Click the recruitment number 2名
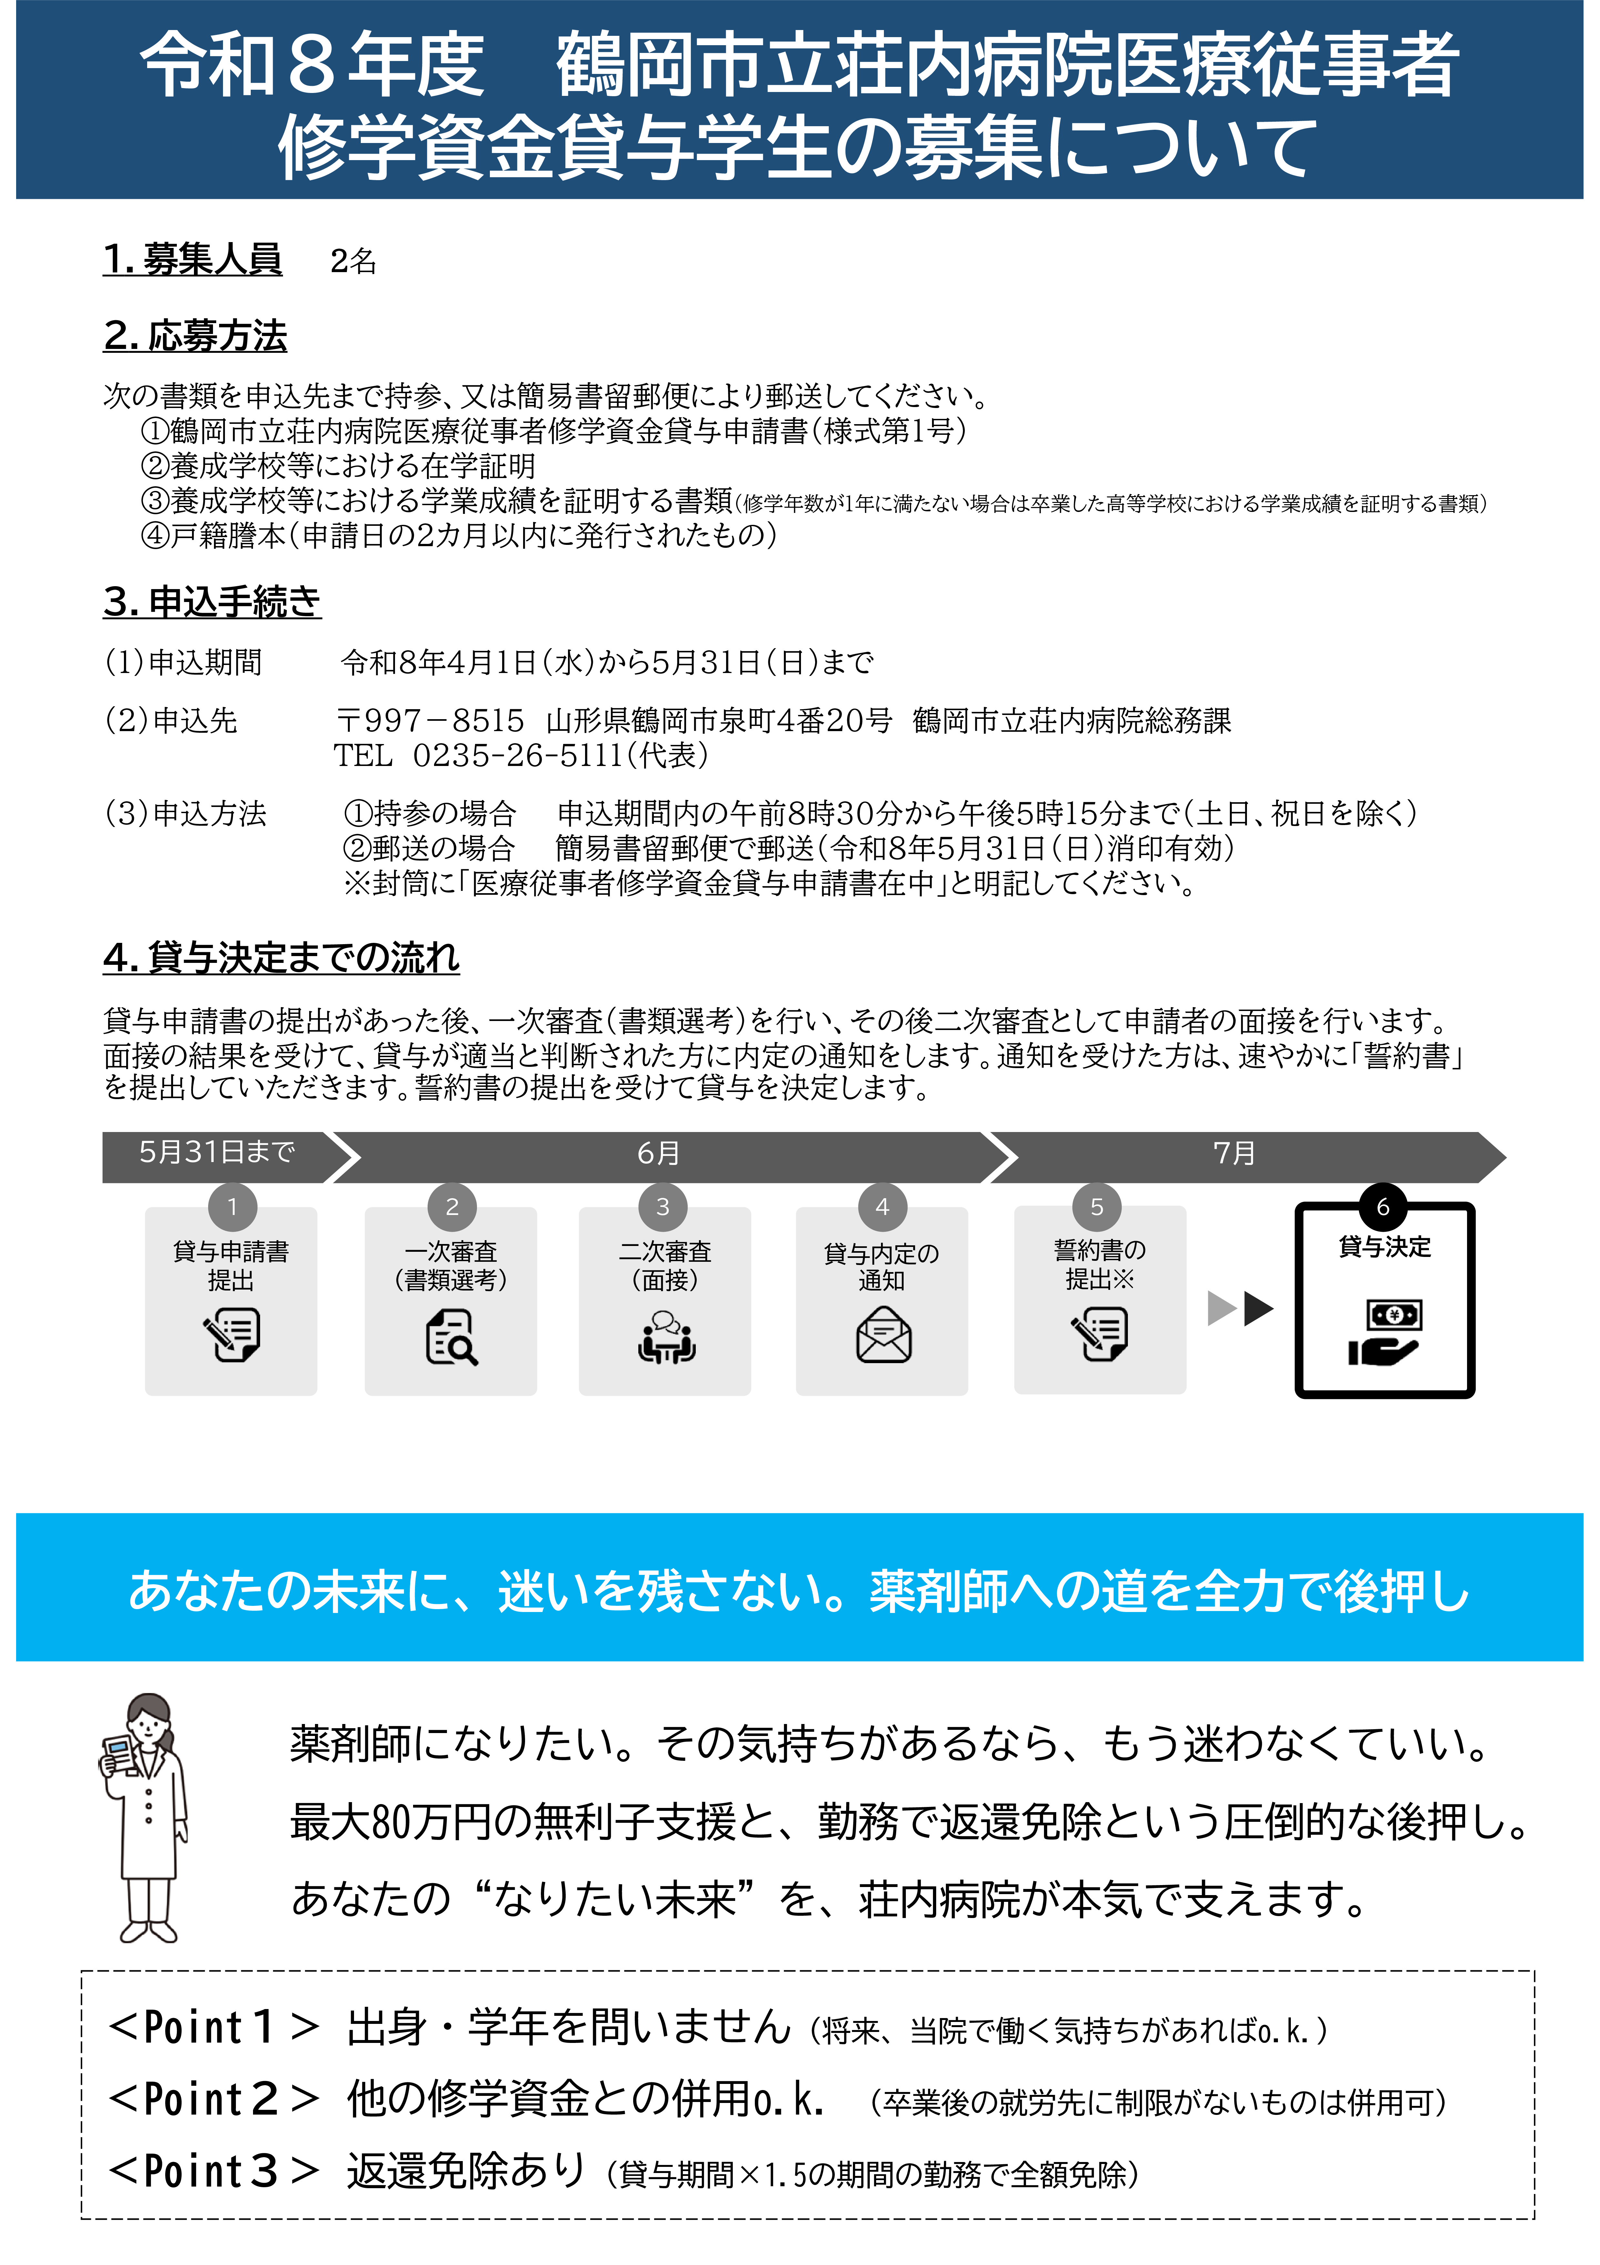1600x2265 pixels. tap(353, 261)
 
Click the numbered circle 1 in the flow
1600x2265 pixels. tap(233, 1207)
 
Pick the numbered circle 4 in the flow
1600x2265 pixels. tap(882, 1207)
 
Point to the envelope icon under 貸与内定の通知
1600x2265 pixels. tap(883, 1336)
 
